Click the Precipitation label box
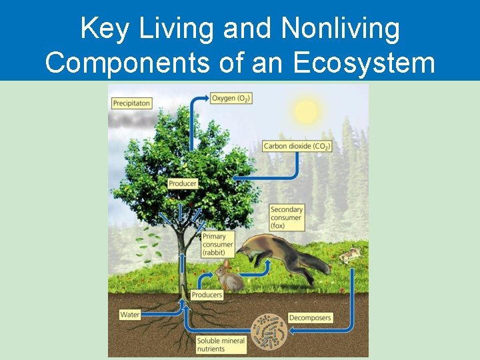click(131, 103)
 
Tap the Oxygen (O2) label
click(231, 99)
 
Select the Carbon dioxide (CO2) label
click(297, 146)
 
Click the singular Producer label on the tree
click(183, 183)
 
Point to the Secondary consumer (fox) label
click(287, 218)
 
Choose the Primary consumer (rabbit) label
click(218, 245)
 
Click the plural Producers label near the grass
click(207, 295)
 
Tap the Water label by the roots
click(130, 314)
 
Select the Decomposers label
click(310, 318)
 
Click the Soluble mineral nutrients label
click(221, 345)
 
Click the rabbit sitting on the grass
click(230, 279)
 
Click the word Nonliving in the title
click(341, 28)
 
